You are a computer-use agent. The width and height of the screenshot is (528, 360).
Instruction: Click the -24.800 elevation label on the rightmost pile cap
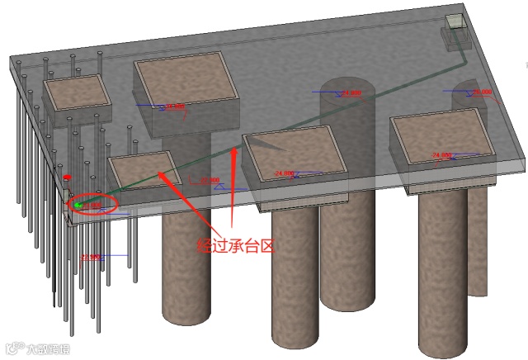[x=443, y=155]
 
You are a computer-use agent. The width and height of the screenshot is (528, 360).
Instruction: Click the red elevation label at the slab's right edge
[x=482, y=92]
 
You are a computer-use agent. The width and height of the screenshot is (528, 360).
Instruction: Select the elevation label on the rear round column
[x=351, y=93]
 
